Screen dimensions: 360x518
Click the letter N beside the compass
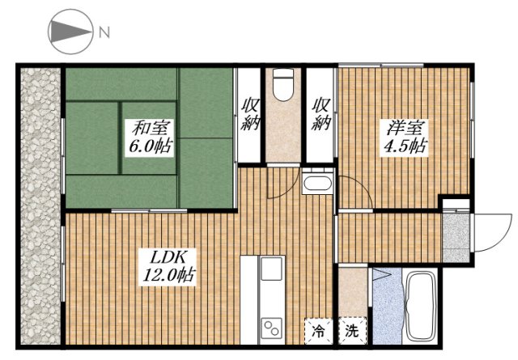click(x=104, y=33)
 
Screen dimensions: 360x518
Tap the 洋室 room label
click(x=405, y=129)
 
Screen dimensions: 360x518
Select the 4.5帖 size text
click(x=405, y=147)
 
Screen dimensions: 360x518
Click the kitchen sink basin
click(x=270, y=269)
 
